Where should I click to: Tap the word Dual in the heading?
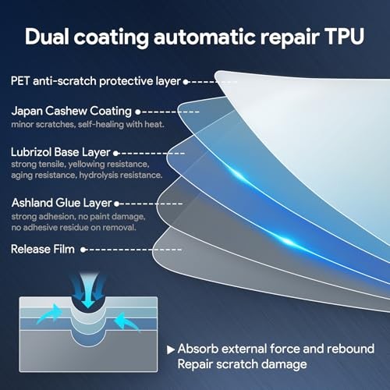click(47, 37)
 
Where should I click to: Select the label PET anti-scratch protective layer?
click(95, 81)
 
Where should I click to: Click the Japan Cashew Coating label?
click(72, 111)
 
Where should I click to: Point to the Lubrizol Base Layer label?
click(61, 152)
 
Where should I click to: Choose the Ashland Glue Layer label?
click(62, 203)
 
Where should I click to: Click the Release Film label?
click(43, 249)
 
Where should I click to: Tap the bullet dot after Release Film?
click(83, 250)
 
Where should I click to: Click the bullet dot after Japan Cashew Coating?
click(138, 112)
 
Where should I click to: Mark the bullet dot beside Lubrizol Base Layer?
click(116, 154)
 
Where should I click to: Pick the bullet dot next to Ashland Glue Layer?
click(116, 204)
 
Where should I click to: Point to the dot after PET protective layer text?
click(186, 82)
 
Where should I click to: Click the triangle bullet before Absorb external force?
click(170, 349)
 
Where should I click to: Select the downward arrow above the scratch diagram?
click(88, 291)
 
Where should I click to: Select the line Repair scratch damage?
click(242, 364)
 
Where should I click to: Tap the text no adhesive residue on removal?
click(73, 228)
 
